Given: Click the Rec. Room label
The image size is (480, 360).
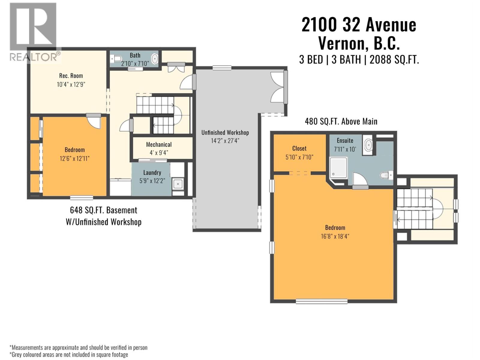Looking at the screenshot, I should [71, 76].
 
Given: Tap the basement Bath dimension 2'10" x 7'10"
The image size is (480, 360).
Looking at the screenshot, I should [135, 64].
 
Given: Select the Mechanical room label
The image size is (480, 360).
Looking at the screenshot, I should [159, 145].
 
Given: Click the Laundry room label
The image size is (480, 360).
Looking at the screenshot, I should [152, 172].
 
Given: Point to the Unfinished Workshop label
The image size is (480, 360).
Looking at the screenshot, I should [225, 133].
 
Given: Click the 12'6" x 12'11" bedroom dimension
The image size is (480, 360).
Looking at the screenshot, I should [74, 158].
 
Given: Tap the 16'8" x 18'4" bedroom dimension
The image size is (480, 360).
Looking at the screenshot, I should [335, 236].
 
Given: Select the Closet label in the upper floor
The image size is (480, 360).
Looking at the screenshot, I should [299, 148].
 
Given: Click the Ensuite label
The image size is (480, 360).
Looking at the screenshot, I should [345, 140].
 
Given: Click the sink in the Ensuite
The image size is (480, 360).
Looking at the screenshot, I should [368, 145].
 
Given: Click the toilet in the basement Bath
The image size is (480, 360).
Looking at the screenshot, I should [116, 58].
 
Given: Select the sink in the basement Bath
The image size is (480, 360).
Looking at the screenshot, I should [154, 58].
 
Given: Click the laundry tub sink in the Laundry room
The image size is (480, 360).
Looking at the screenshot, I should [178, 184].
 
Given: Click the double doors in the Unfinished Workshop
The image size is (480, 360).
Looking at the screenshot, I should [278, 87].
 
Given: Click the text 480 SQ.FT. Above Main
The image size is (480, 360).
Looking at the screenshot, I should [341, 121].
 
